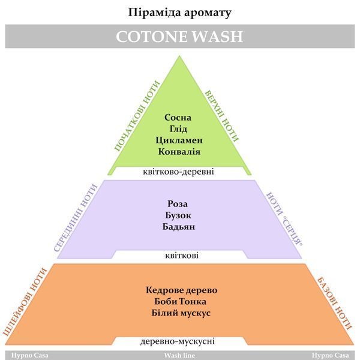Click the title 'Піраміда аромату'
[x=179, y=13]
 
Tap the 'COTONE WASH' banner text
[x=179, y=37]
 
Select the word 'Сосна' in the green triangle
[x=178, y=118]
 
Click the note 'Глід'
[x=178, y=129]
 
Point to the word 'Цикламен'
[x=179, y=140]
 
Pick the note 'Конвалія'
[x=179, y=152]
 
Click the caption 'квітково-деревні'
[x=178, y=172]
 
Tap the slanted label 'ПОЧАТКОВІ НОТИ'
[x=137, y=116]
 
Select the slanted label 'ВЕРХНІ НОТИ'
[x=221, y=116]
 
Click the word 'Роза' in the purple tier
[x=178, y=204]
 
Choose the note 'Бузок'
[x=178, y=215]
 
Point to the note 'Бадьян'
[x=179, y=227]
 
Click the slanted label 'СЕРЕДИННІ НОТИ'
[x=76, y=218]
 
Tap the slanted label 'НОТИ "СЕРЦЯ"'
[x=284, y=219]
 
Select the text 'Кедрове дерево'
[x=182, y=290]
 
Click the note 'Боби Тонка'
[x=180, y=301]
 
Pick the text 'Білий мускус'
[x=181, y=313]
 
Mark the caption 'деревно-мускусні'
[x=178, y=341]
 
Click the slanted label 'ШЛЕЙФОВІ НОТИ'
[x=25, y=302]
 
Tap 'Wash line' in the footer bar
[x=179, y=355]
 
